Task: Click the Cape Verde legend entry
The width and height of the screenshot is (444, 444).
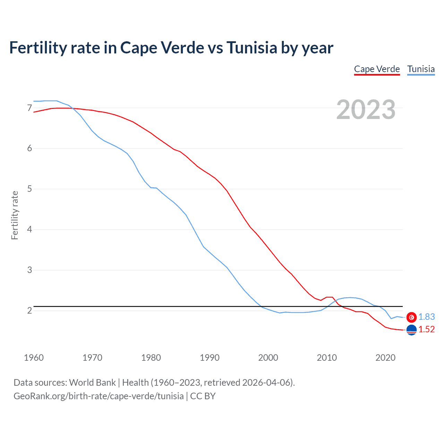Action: pos(377,69)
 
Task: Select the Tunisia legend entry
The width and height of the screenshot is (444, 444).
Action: pos(421,69)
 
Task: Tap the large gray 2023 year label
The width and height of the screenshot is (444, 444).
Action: pos(366,110)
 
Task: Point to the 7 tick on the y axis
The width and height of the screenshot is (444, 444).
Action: pos(29,108)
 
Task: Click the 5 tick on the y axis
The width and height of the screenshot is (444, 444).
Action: pos(29,189)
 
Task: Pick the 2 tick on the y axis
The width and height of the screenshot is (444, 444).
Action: pos(29,310)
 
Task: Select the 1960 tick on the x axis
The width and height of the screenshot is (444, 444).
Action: pos(34,358)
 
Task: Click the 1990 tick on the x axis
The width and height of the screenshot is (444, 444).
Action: pos(210,358)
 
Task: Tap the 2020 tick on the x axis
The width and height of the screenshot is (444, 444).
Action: pos(385,358)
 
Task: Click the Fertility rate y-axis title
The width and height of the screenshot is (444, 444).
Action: pos(15,215)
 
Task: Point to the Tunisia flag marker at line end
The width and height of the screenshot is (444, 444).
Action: pos(411,317)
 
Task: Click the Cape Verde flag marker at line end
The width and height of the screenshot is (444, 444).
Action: pos(411,330)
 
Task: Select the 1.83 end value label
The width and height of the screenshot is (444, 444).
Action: pos(426,317)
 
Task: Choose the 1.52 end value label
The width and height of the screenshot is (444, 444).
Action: pos(426,330)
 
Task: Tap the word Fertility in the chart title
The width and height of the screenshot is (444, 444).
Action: pos(38,48)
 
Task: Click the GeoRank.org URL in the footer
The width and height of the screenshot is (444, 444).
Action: pos(99,396)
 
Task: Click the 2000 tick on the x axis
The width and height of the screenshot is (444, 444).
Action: pos(268,358)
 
